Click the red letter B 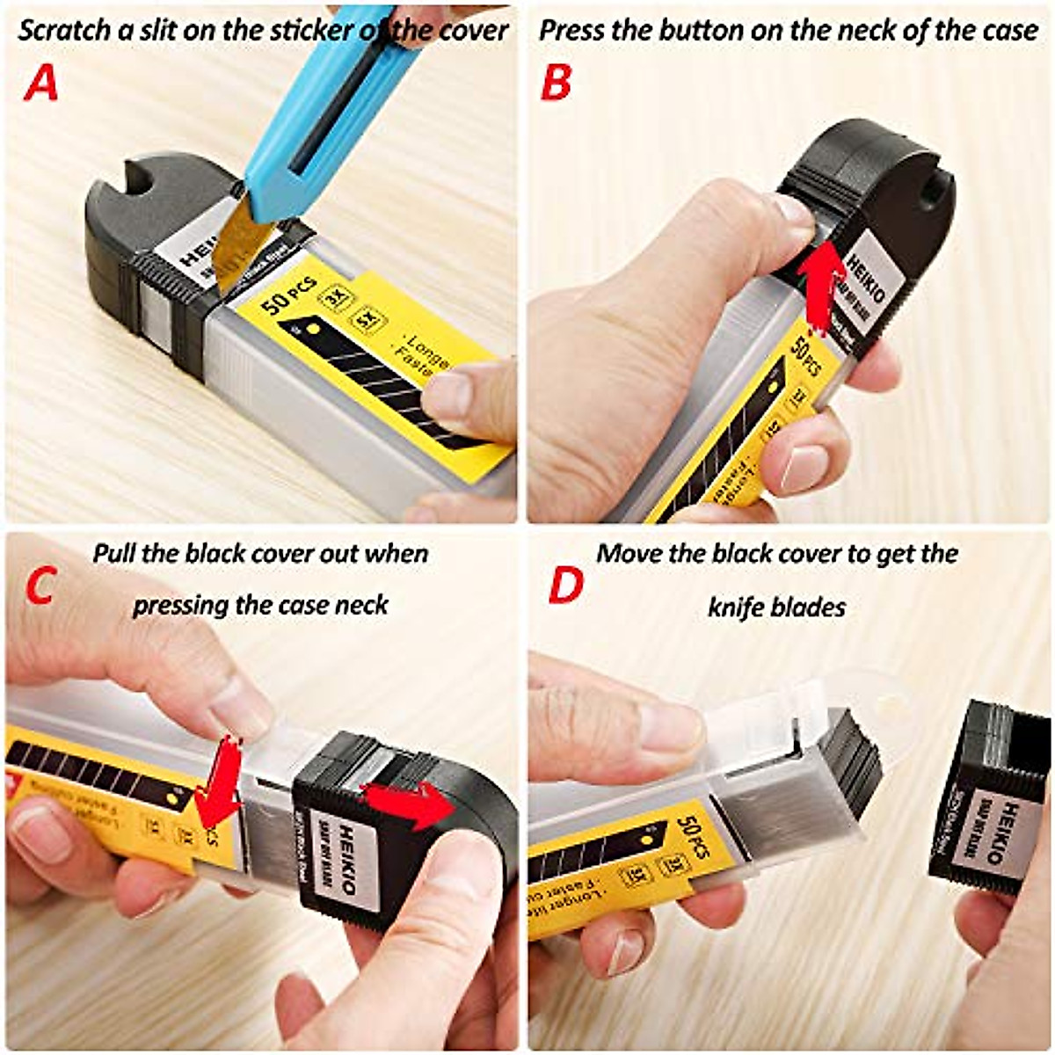(556, 82)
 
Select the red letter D (564, 586)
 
